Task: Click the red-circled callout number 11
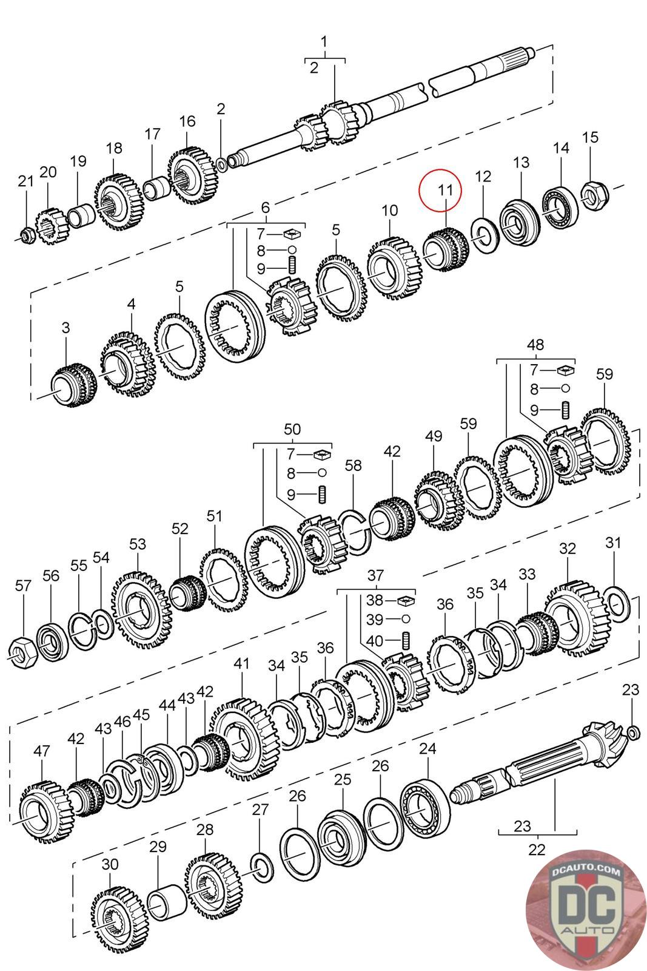pos(446,189)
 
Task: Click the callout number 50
pos(292,430)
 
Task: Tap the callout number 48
pos(535,345)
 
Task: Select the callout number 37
pos(375,575)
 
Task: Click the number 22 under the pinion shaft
pos(537,848)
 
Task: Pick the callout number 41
pos(241,664)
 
